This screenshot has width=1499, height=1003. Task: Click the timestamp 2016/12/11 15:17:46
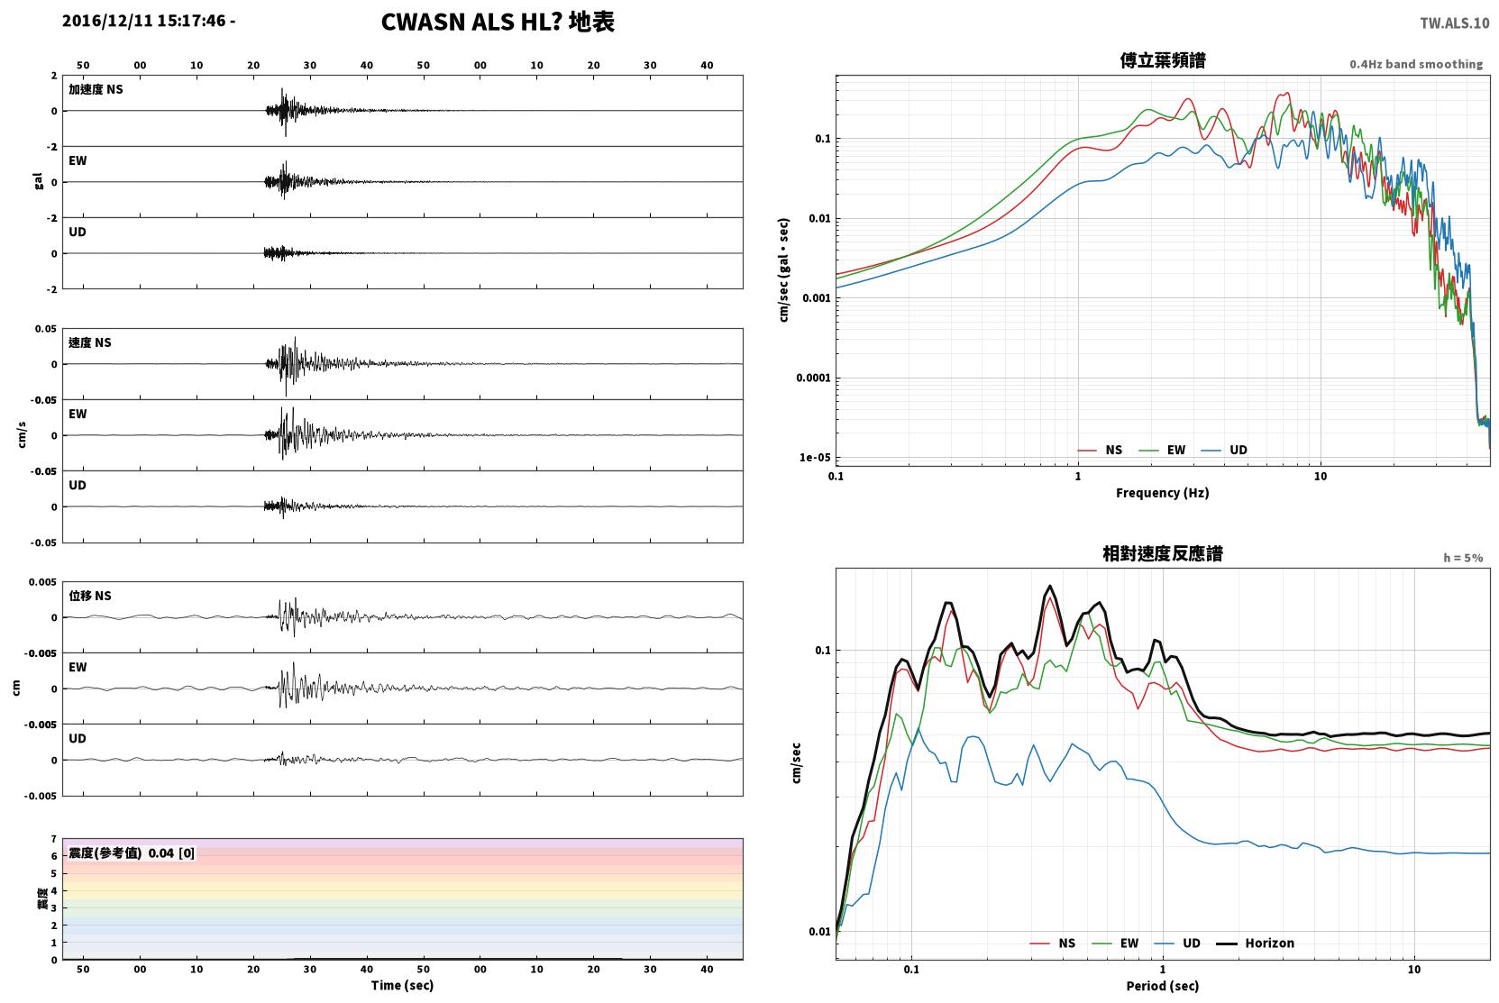pos(144,21)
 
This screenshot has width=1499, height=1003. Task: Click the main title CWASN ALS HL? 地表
pos(498,23)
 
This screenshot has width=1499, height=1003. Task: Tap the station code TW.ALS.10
pos(1454,23)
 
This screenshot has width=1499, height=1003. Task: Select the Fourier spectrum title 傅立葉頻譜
pos(1163,61)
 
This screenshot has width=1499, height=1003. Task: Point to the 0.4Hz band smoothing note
pos(1416,64)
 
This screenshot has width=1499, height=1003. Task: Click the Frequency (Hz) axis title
pos(1163,493)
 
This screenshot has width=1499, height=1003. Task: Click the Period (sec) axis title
pos(1163,986)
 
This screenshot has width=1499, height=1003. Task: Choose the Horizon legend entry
pos(1255,944)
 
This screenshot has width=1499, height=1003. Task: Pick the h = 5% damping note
pos(1463,558)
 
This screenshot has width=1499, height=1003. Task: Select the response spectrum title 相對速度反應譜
pos(1163,554)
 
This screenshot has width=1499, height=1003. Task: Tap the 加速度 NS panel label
pos(96,89)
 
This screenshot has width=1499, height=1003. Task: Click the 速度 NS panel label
pos(89,342)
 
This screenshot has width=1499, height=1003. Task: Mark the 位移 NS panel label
pos(89,596)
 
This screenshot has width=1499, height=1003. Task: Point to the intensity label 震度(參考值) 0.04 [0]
pos(132,853)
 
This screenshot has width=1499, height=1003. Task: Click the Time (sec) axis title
pos(402,986)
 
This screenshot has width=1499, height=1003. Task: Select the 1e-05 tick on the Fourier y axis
pos(815,458)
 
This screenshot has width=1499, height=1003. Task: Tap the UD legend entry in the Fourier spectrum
pos(1224,451)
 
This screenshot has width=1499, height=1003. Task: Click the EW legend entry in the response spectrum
pos(1115,944)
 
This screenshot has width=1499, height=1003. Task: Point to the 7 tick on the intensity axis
pos(54,839)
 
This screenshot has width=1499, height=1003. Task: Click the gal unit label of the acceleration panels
pos(38,181)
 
